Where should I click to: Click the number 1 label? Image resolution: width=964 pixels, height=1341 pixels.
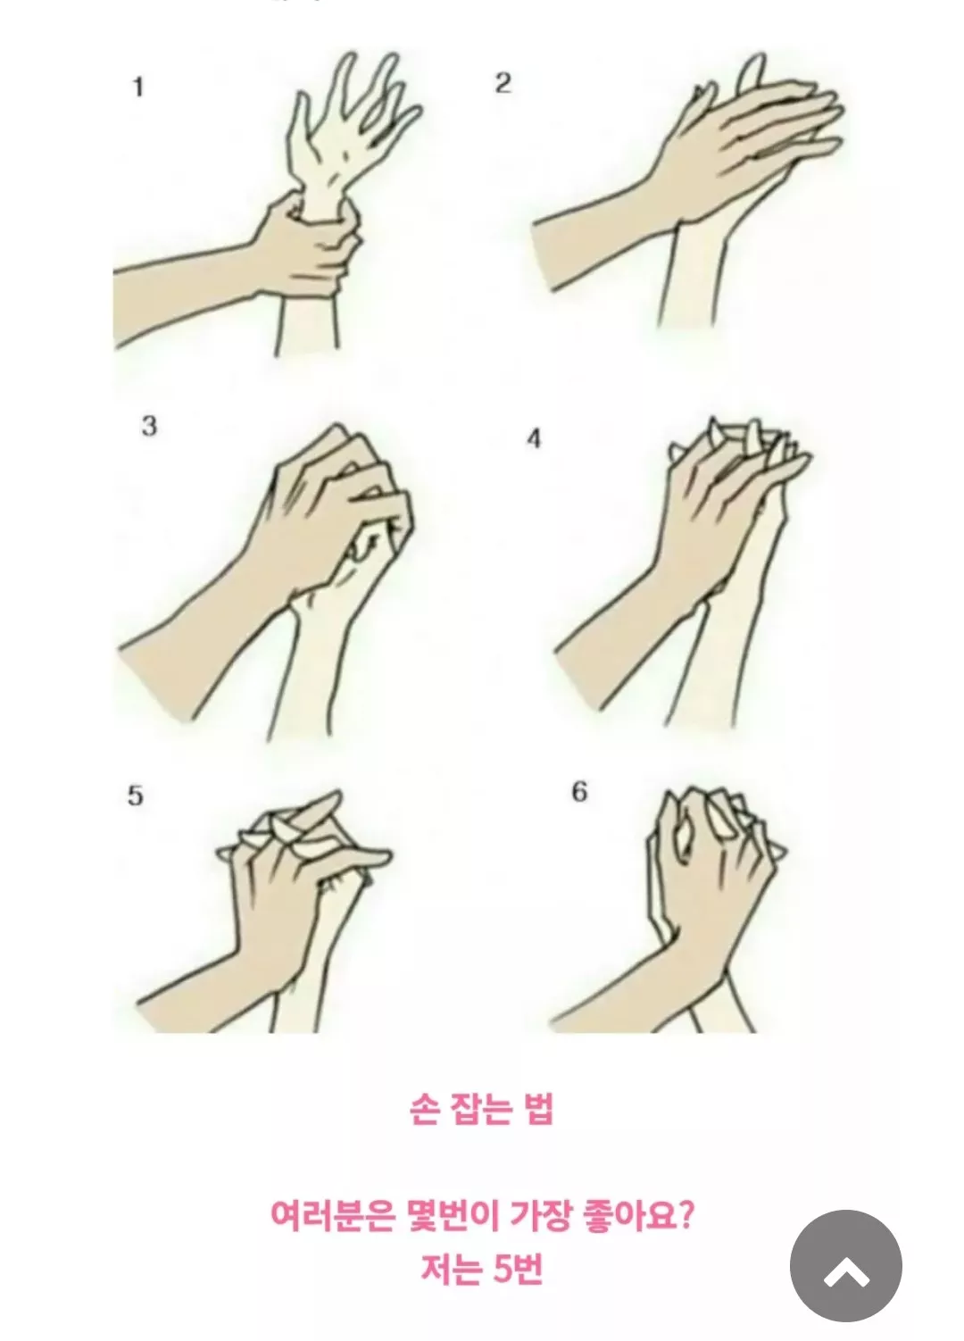[x=138, y=88]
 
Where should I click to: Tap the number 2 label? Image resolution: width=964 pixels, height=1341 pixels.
[x=503, y=83]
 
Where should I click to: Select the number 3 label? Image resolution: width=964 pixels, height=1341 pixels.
[x=149, y=426]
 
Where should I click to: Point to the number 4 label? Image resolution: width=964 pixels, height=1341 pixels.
[x=534, y=439]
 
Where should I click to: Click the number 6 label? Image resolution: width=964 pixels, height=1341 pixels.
[x=579, y=793]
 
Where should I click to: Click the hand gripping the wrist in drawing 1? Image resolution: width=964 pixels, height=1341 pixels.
[x=305, y=246]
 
